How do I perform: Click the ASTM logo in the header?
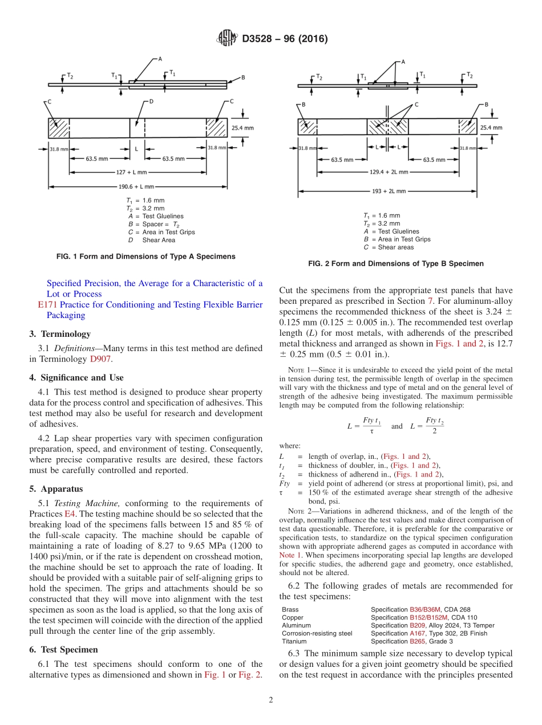(226, 39)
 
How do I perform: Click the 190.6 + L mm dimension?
(133, 186)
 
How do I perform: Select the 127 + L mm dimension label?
(132, 172)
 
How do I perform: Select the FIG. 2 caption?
(395, 264)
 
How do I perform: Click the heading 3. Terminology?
(60, 334)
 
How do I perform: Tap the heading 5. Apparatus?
(56, 489)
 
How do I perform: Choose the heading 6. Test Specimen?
(63, 650)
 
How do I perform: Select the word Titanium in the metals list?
(294, 641)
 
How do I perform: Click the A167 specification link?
(419, 633)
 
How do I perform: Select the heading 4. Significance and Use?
(76, 377)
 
